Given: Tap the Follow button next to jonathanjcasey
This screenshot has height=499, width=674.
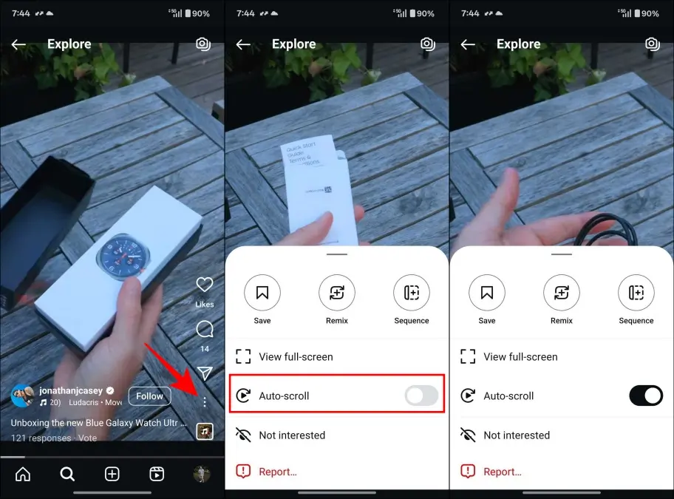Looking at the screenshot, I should point(149,396).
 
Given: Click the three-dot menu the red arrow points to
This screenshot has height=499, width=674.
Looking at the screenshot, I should point(205,401).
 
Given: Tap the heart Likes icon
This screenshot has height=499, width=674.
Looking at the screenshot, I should point(205,285).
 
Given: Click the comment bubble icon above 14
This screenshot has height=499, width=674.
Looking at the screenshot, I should point(205,329).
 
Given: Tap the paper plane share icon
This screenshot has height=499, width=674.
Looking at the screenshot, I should point(205,373).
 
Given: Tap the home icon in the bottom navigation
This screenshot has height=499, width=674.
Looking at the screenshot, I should point(23,474).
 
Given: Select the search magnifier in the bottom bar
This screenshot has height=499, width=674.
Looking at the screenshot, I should point(67,474).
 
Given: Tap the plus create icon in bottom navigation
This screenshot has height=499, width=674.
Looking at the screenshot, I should point(112,474).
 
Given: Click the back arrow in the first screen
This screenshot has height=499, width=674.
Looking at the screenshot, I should point(18,44).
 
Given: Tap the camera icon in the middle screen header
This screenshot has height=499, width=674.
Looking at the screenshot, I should point(427,44).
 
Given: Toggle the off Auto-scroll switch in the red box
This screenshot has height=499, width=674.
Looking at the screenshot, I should point(421,396).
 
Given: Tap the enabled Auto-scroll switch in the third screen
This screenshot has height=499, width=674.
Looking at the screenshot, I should point(646,396).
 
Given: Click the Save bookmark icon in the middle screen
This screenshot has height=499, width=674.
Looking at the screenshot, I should point(262,293).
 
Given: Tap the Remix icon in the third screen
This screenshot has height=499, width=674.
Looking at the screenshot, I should point(562,293).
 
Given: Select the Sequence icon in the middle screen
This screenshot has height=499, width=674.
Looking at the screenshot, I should point(412,293).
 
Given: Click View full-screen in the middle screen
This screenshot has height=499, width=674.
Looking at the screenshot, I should point(296,356).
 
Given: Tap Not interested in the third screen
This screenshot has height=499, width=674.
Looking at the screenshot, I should point(517,435).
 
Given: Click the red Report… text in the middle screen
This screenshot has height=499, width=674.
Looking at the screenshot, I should point(278,472).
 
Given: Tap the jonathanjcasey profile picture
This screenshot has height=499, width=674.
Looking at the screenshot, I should point(23,396).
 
